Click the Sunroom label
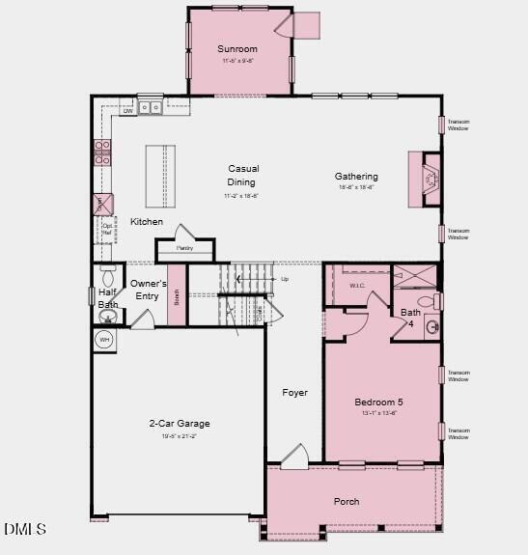click(x=237, y=49)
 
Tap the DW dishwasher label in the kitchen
click(x=127, y=111)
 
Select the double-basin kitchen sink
click(x=150, y=108)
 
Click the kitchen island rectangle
click(x=160, y=176)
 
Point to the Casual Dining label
click(x=242, y=175)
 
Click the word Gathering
click(x=356, y=177)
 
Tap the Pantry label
click(x=184, y=248)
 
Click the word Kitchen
click(x=147, y=222)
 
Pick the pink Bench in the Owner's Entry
click(x=176, y=295)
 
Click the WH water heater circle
click(x=104, y=340)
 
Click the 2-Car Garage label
click(x=179, y=424)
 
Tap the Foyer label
click(x=294, y=393)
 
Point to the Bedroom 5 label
click(x=378, y=402)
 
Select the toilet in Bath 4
click(x=436, y=302)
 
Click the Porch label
click(x=347, y=502)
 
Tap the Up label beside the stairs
click(x=284, y=279)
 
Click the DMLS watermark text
click(x=25, y=529)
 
